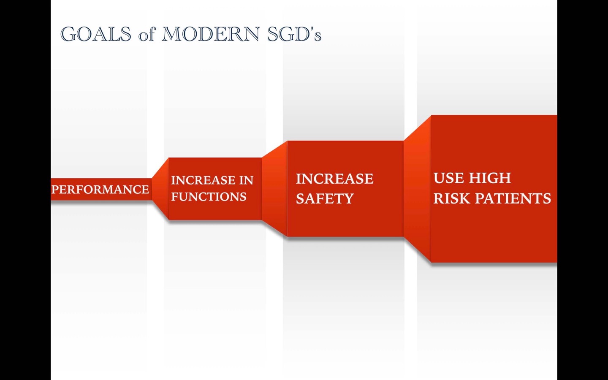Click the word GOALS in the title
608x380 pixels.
point(95,34)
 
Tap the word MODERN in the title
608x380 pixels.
point(211,34)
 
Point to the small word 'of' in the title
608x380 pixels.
point(147,35)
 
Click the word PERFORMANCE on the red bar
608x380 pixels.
point(100,190)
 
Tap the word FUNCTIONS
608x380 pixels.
point(209,196)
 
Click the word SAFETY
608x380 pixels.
point(325,198)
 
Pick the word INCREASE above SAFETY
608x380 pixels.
point(335,179)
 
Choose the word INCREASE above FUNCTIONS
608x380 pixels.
point(204,180)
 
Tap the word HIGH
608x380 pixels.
point(490,178)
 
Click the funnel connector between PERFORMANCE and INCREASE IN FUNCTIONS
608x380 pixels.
point(160,189)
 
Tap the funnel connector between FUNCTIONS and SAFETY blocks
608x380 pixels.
point(274,189)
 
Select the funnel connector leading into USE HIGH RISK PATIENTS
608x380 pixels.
point(417,189)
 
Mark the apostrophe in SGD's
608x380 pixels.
point(312,29)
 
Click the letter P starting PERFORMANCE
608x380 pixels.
point(55,190)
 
